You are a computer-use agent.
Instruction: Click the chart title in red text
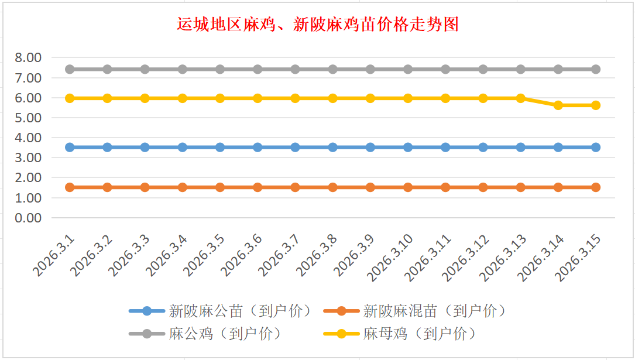[x=317, y=25]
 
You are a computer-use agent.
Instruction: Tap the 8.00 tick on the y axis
[x=28, y=57]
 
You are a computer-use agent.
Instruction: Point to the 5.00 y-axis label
[x=28, y=118]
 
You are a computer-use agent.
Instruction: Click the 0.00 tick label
[x=28, y=218]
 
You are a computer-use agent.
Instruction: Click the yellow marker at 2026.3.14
[x=558, y=105]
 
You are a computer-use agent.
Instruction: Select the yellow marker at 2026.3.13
[x=521, y=98]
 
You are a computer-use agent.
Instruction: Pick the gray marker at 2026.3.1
[x=70, y=69]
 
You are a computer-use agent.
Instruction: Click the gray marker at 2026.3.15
[x=596, y=69]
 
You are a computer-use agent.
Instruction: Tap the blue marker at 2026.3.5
[x=220, y=148]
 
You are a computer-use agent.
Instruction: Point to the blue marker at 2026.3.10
[x=408, y=148]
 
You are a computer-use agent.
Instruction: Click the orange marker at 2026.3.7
[x=295, y=187]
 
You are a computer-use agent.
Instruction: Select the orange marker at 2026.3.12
[x=483, y=187]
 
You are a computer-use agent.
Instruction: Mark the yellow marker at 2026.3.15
[x=596, y=105]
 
